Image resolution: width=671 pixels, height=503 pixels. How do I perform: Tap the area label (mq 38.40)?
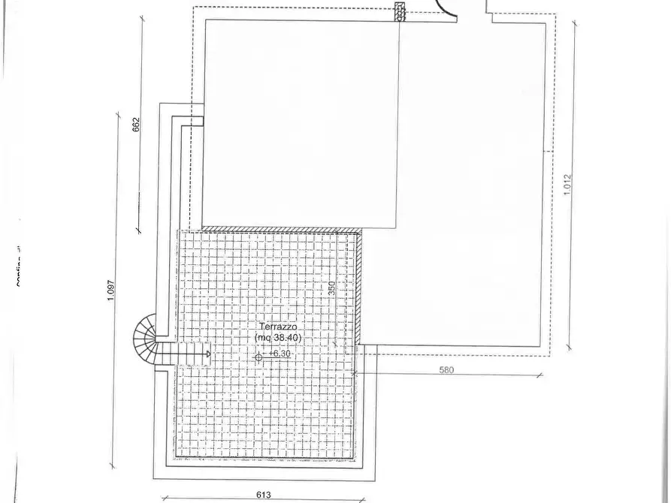[x=279, y=338]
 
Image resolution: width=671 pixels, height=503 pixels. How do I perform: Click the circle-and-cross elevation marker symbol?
[x=258, y=357]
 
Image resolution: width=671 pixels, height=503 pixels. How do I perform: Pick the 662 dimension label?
[x=136, y=124]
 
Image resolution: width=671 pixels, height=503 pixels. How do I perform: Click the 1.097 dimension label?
[x=110, y=291]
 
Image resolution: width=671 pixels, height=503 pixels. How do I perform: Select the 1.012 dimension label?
[x=568, y=185]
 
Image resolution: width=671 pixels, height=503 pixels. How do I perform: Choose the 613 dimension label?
[x=262, y=495]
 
